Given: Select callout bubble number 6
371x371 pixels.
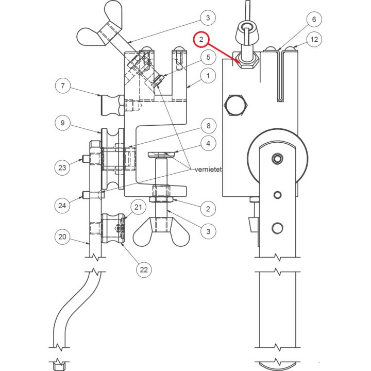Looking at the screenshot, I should tap(313, 20).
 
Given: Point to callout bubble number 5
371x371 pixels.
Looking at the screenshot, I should tap(208, 58).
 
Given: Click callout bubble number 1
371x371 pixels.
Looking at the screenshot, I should tap(208, 77).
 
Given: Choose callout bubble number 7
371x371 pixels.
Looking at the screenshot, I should tap(63, 86).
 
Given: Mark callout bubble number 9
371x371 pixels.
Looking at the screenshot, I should tap(63, 123).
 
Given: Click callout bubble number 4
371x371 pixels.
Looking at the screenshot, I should tap(208, 143).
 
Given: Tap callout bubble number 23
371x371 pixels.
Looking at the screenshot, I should tap(63, 167).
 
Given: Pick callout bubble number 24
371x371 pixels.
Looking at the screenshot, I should tap(63, 205).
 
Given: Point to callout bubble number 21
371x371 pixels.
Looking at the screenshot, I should tap(138, 207).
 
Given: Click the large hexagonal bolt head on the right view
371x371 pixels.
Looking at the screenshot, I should tap(236, 106).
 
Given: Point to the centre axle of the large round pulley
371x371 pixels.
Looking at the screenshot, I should tap(278, 157).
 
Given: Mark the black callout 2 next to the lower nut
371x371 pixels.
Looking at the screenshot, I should tap(208, 209).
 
